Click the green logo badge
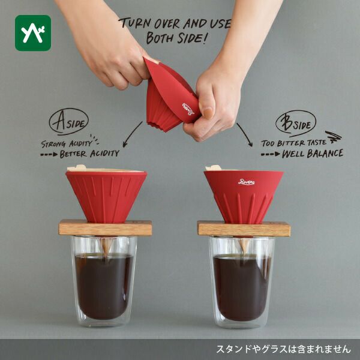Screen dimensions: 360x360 pyautogui.click(x=33, y=33)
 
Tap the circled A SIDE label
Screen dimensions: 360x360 pyautogui.click(x=68, y=121)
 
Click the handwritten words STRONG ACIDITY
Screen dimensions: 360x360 pyautogui.click(x=67, y=144)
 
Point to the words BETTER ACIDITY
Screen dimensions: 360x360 pyautogui.click(x=89, y=154)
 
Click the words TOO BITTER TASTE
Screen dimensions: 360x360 pyautogui.click(x=293, y=143)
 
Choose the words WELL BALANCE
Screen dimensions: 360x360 pyautogui.click(x=313, y=154)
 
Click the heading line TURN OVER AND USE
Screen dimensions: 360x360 pyautogui.click(x=176, y=23)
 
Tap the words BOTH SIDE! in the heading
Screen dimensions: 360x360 pyautogui.click(x=177, y=38)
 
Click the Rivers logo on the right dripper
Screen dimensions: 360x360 pyautogui.click(x=246, y=182)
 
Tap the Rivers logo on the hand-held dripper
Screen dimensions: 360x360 pyautogui.click(x=188, y=109)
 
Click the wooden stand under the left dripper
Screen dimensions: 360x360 pyautogui.click(x=105, y=228)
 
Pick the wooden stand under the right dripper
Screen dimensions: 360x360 pyautogui.click(x=244, y=229)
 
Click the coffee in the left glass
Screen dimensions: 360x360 pyautogui.click(x=104, y=286)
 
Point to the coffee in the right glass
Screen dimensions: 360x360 pyautogui.click(x=242, y=287)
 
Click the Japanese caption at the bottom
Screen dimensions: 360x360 pyautogui.click(x=283, y=349)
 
